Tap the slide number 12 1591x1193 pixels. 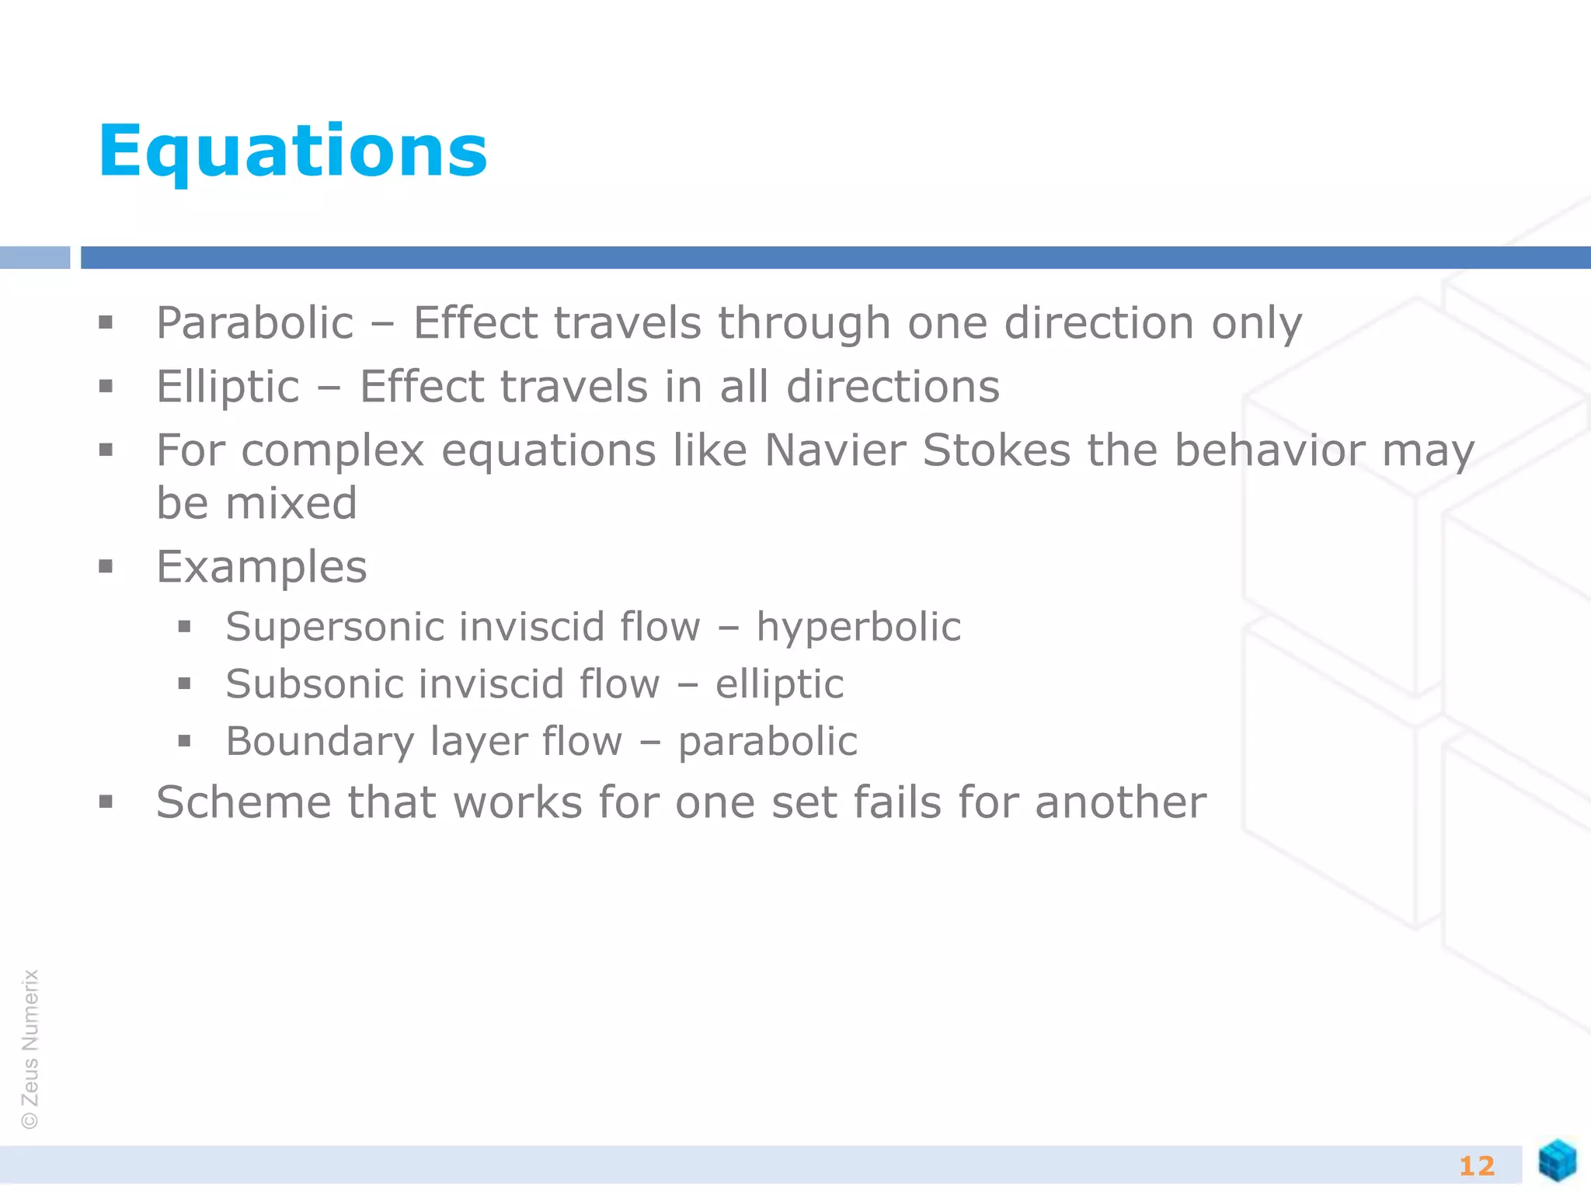(x=1476, y=1166)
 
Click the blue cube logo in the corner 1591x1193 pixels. (x=1557, y=1160)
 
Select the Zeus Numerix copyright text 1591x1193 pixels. (x=30, y=1049)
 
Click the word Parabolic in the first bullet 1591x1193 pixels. (x=255, y=323)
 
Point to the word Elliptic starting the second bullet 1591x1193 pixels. (x=228, y=387)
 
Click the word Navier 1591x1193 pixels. (x=835, y=450)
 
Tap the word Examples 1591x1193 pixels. (x=261, y=567)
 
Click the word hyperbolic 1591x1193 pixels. (x=858, y=628)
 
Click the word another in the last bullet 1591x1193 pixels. (x=1120, y=802)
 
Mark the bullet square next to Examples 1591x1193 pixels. (x=106, y=566)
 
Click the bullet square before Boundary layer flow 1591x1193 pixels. (x=184, y=741)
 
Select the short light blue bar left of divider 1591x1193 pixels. (x=35, y=257)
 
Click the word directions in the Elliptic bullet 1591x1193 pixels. (x=893, y=387)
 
